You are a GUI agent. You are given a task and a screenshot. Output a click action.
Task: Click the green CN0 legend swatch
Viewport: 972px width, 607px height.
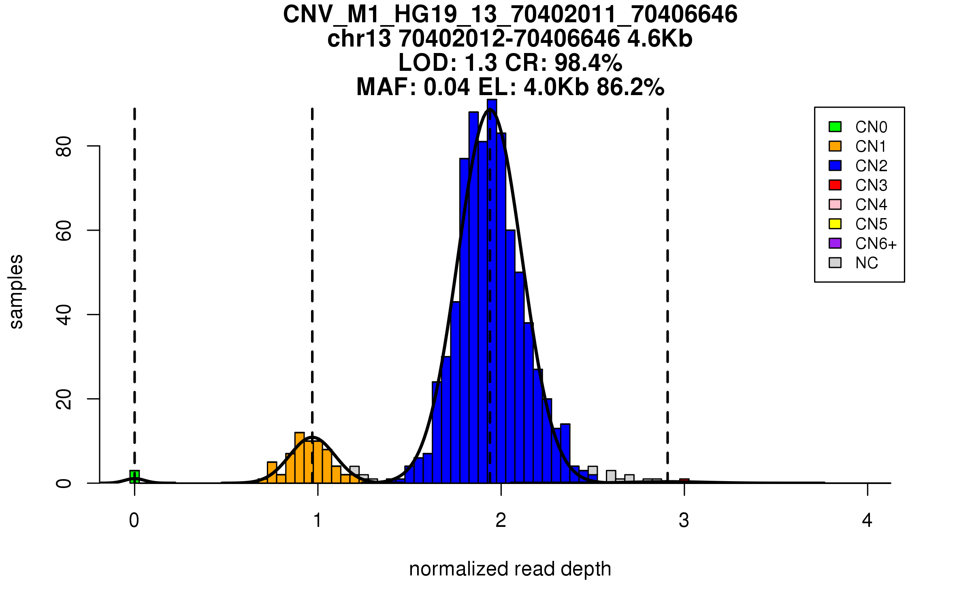[x=835, y=127]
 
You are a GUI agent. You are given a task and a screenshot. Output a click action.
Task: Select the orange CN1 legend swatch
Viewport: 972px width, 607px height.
[x=835, y=146]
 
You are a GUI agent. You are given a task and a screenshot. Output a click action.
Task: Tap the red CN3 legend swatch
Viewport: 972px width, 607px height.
[x=835, y=185]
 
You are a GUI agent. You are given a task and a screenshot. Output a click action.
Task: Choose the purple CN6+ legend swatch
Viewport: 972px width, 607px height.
[x=835, y=243]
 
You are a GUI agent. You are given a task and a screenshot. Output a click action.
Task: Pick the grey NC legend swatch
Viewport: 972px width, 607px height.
[x=835, y=263]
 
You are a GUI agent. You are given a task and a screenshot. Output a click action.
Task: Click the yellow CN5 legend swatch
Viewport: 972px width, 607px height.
[x=835, y=224]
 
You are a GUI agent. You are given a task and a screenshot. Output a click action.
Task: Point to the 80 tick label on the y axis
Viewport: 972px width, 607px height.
[x=64, y=146]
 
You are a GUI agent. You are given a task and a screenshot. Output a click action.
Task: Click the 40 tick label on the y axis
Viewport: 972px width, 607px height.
[x=64, y=315]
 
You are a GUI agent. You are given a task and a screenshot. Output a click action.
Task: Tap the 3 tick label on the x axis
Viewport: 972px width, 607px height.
[x=684, y=520]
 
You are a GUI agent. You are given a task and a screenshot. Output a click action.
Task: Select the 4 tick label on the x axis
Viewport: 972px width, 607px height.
[x=867, y=520]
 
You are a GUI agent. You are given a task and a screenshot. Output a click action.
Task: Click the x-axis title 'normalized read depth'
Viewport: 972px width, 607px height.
[x=510, y=569]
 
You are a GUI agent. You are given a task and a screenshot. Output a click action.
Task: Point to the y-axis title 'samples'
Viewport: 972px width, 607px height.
[x=16, y=292]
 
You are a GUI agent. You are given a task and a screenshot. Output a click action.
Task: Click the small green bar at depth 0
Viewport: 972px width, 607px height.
[x=134, y=477]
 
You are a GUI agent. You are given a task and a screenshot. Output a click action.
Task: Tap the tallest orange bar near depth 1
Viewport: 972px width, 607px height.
[x=300, y=458]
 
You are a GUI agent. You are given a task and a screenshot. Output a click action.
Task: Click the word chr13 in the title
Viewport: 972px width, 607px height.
[x=359, y=39]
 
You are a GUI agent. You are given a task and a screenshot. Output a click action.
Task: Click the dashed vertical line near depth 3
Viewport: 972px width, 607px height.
[x=667, y=283]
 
